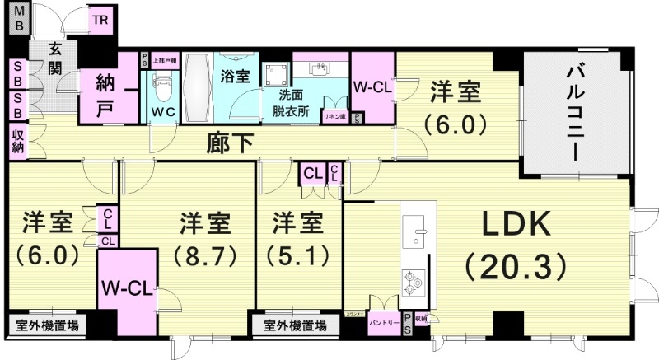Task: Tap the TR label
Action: pos(100,19)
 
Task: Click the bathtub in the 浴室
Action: pos(197,89)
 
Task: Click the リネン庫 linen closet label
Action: pos(334,117)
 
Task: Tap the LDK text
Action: pos(515,223)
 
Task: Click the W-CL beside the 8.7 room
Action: pos(124,289)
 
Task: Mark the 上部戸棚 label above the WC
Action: pos(163,60)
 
